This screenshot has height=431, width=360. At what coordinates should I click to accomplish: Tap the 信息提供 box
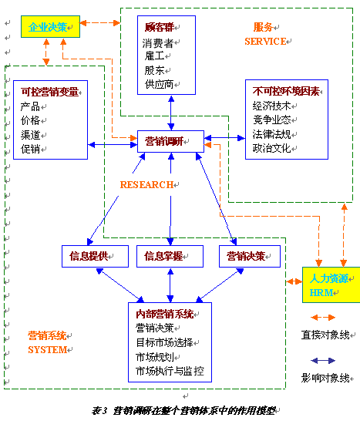tap(93, 256)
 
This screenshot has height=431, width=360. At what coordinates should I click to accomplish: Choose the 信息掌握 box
tap(170, 256)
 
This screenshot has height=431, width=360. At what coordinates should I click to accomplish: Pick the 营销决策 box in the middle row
tap(245, 256)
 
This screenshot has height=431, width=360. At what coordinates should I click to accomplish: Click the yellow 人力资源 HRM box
tap(331, 285)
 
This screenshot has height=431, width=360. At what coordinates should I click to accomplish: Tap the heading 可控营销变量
tap(50, 93)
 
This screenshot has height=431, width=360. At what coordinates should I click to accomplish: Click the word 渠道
tap(31, 135)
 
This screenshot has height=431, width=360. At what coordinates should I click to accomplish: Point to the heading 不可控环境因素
tap(282, 92)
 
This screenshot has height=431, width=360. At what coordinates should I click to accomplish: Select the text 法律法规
tap(271, 134)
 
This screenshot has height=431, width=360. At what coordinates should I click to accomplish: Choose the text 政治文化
tap(271, 148)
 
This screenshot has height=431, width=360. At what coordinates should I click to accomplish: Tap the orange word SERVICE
tap(265, 41)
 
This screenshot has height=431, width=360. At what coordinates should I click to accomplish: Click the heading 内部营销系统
tap(164, 314)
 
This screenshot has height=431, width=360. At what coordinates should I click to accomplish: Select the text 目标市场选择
tap(164, 342)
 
